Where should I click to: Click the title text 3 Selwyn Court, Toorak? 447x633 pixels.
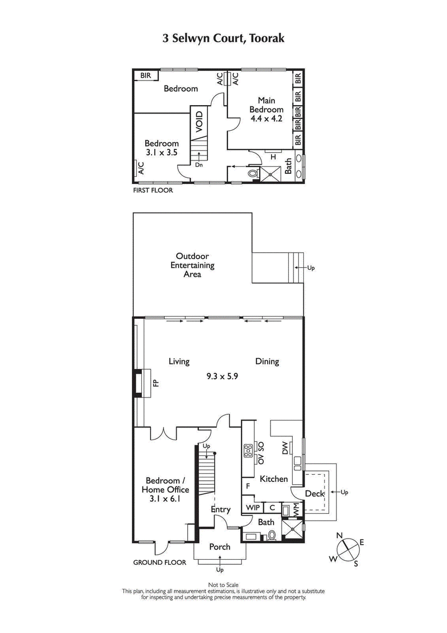click(x=223, y=38)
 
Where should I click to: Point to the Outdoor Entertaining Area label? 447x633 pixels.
click(x=193, y=266)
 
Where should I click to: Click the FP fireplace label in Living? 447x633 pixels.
click(x=156, y=383)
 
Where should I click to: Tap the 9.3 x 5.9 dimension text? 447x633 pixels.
click(x=222, y=376)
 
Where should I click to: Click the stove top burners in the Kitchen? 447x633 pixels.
click(x=248, y=451)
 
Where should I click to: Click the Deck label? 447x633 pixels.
click(x=315, y=494)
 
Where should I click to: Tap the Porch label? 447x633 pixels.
click(x=220, y=546)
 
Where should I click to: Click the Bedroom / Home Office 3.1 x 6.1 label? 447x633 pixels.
click(x=163, y=489)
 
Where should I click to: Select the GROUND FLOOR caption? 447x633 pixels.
click(x=159, y=563)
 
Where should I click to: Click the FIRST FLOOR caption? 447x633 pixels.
click(x=153, y=190)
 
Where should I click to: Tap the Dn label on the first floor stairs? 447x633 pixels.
click(x=198, y=164)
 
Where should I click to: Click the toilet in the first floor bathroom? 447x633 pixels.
click(x=253, y=174)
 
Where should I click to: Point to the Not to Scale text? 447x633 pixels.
click(x=223, y=585)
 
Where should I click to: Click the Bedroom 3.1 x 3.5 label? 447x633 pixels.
click(x=161, y=148)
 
